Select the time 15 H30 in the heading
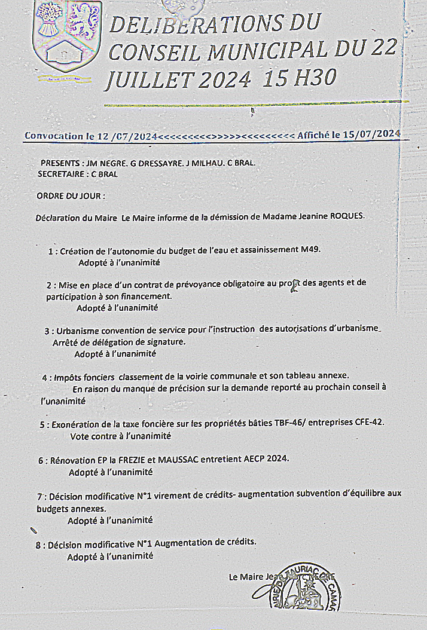pos(300,78)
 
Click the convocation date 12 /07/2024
pos(123,136)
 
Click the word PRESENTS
pos(60,163)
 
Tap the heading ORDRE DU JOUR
pos(71,195)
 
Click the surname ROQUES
pos(347,216)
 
